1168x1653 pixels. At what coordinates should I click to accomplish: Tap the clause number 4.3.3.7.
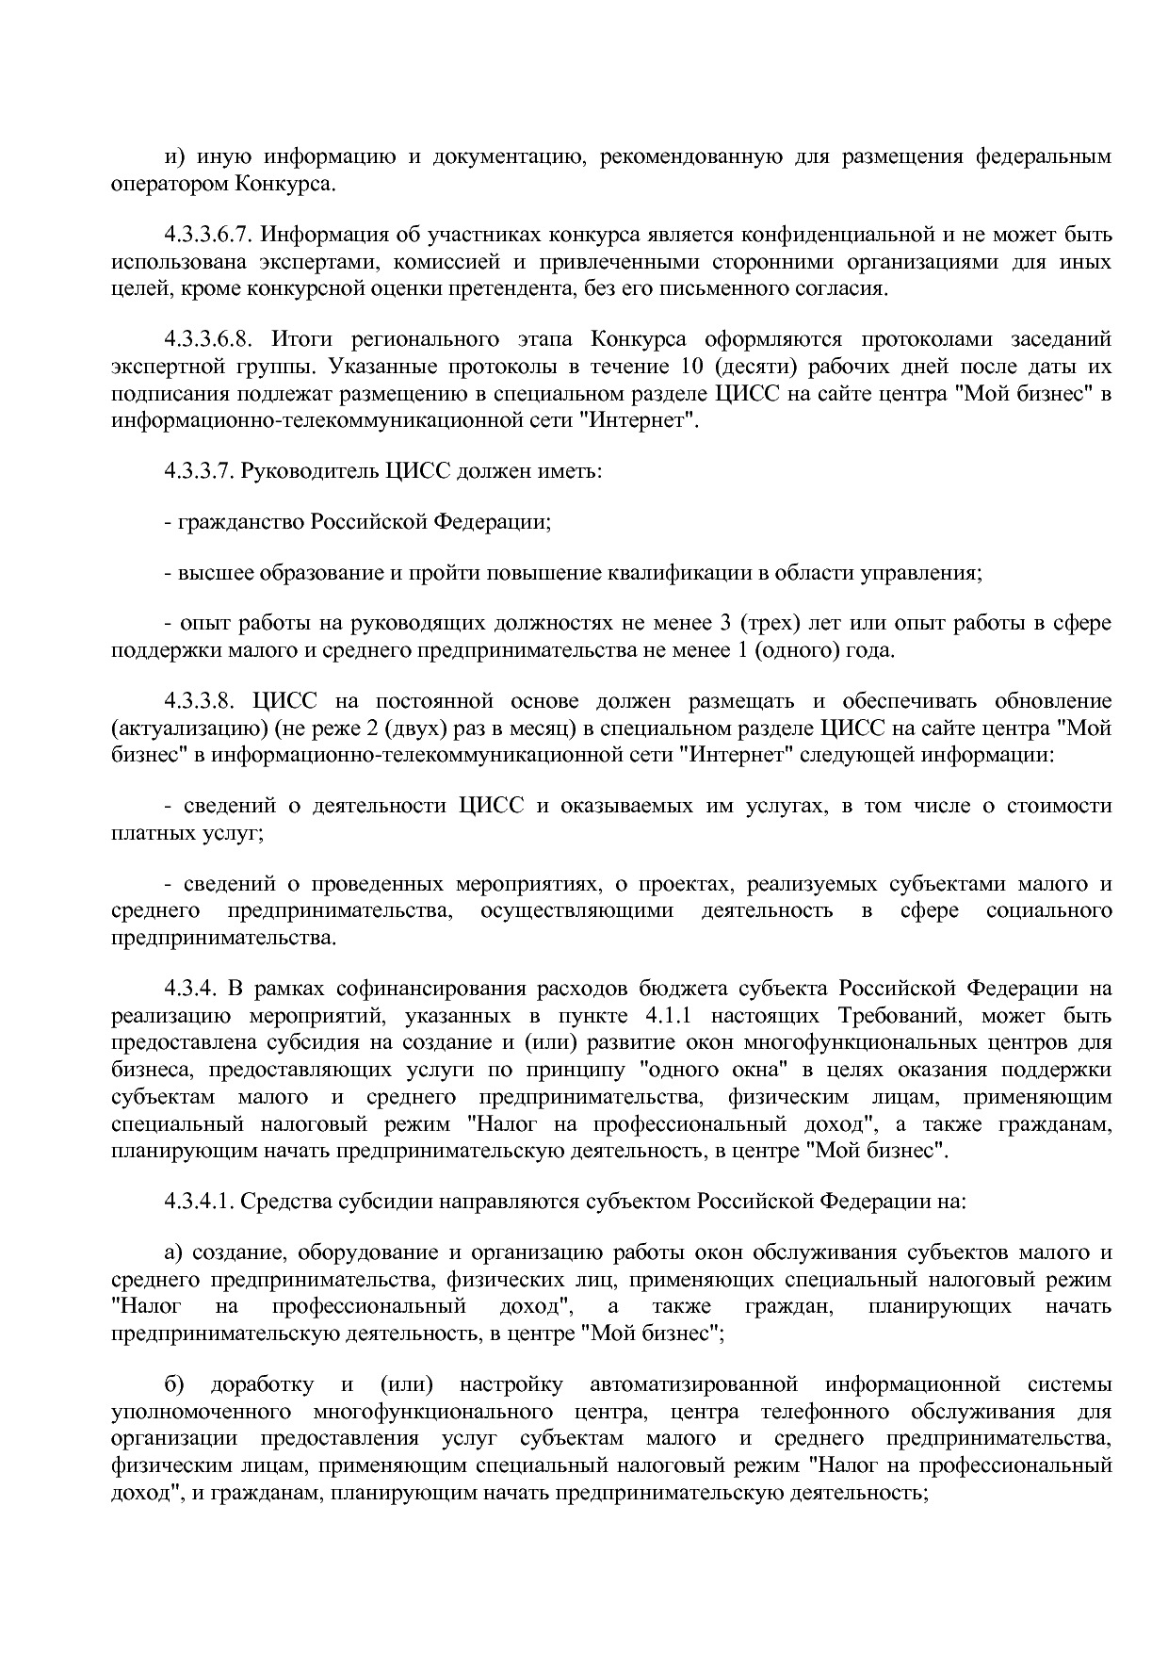click(x=199, y=470)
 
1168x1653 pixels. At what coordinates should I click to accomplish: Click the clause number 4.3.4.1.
click(x=199, y=1202)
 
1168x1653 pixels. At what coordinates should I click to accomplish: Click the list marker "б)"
click(x=174, y=1385)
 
